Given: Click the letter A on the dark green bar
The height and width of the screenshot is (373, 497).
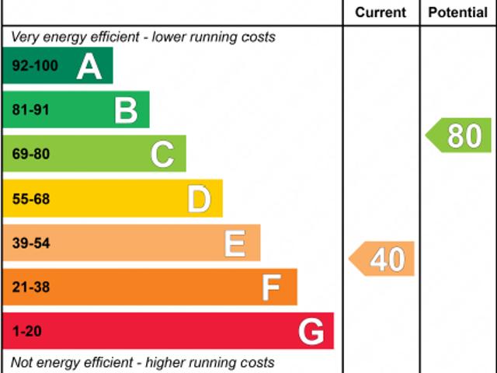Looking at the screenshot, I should tap(89, 67).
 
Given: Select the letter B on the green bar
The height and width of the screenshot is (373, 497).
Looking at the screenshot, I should tap(126, 110).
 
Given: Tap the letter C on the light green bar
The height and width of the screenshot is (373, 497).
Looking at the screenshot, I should tap(162, 155).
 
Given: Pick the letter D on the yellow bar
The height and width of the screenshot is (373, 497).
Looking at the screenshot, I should tap(199, 200).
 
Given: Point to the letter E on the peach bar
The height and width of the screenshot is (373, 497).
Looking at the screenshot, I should tap(235, 244).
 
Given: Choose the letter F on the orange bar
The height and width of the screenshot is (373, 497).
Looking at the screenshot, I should tap(270, 288).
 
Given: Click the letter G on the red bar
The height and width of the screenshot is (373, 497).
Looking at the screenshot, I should tap(311, 333).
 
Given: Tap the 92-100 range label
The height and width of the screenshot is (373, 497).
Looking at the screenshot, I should tap(35, 66).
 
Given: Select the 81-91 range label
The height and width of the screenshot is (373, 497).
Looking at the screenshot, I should tap(31, 110).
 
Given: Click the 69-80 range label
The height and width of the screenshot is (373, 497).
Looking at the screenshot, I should tap(31, 155).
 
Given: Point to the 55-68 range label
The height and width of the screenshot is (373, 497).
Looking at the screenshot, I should tap(31, 200).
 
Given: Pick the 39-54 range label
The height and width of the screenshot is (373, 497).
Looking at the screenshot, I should tap(31, 244).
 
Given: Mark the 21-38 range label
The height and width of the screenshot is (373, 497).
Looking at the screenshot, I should tap(31, 288).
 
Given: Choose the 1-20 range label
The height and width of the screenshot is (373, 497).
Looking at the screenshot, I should tap(27, 333).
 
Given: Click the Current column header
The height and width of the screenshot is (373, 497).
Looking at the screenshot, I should tap(381, 12).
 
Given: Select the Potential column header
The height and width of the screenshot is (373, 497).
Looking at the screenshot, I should tap(458, 12).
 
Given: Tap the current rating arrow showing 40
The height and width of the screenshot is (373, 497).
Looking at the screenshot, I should tap(383, 259).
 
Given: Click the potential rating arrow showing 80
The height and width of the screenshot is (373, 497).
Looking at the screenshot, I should tap(460, 135).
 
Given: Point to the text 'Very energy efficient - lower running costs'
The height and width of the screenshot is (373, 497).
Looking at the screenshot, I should tap(143, 37).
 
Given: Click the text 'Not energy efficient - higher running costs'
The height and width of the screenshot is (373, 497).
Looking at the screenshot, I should tap(143, 362).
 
